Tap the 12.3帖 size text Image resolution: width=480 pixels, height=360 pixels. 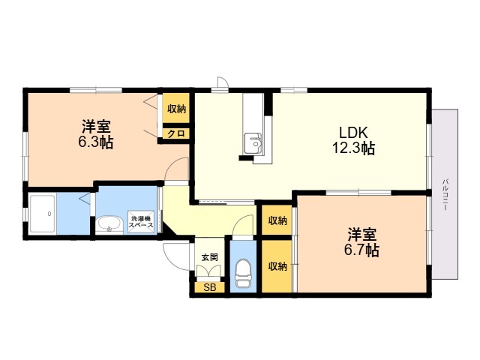[x=353, y=148]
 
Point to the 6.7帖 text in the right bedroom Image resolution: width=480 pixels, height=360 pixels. [x=362, y=250]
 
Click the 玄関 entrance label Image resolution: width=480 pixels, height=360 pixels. [x=209, y=257]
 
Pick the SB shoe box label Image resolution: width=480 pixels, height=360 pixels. [x=209, y=286]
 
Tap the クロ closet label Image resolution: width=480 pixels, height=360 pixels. [x=177, y=133]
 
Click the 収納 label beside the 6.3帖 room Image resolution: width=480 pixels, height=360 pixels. [x=177, y=109]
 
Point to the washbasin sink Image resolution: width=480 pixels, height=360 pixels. [x=110, y=223]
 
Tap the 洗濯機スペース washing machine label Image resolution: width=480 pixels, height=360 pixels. [x=142, y=220]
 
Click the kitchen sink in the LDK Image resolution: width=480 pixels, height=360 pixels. [x=253, y=140]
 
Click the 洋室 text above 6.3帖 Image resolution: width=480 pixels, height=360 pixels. [x=97, y=125]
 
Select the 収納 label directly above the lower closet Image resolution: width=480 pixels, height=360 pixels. [x=277, y=220]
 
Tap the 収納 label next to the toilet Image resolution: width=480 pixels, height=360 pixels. [x=277, y=266]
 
